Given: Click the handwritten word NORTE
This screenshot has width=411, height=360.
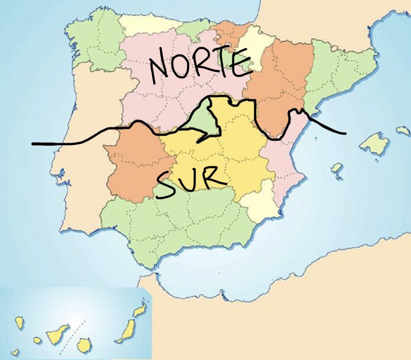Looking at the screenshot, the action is [198, 66].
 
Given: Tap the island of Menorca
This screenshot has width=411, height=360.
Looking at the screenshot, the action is [403, 131].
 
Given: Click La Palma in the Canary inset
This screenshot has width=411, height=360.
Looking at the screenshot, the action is [19, 322].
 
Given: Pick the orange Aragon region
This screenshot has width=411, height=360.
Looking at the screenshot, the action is [279, 84].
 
